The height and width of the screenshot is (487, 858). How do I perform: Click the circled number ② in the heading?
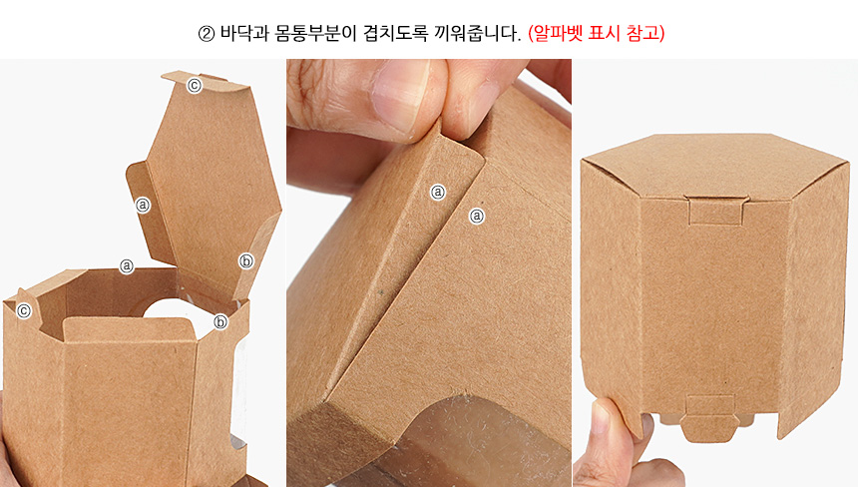coord(206,35)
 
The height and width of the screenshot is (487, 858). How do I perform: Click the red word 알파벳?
coord(555,33)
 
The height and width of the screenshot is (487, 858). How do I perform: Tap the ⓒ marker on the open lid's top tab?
coord(195,86)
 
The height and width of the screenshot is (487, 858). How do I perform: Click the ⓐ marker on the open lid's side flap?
coord(143,205)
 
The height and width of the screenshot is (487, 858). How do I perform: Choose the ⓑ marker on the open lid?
coord(246,261)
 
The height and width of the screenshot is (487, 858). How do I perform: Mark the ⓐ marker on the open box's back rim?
coord(127,265)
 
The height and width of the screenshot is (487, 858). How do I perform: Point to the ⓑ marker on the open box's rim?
coord(220,321)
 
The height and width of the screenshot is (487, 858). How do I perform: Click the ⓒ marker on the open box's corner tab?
coord(24,311)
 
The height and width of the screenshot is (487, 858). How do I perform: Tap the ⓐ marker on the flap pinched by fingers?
coord(438,192)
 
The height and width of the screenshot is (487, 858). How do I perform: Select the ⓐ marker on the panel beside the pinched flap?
coord(477,216)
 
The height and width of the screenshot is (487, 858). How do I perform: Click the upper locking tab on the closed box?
coord(716,210)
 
